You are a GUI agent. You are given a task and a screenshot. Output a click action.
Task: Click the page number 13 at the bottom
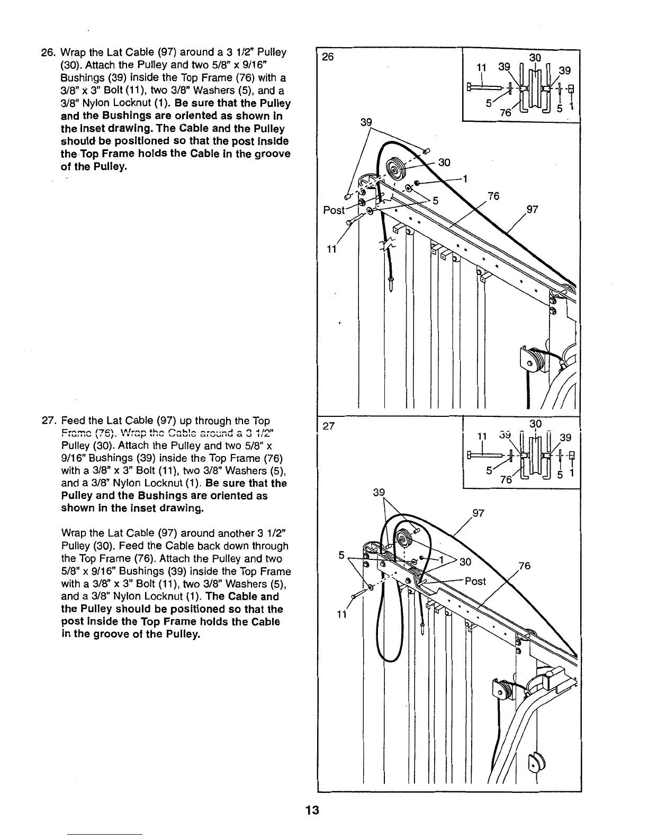pos(317,811)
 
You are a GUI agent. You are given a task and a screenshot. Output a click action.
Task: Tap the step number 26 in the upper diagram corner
pos(328,57)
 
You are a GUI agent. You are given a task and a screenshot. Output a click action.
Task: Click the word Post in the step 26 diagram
pos(334,210)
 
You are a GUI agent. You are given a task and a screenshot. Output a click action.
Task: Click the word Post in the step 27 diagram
pos(475,581)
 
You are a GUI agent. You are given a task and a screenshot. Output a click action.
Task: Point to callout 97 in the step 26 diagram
pos(532,210)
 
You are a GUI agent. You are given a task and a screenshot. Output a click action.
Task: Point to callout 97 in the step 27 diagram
pos(478,513)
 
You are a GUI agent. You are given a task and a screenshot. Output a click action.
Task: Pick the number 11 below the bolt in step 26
pos(331,250)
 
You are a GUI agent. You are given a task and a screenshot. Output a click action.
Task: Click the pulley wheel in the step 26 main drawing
pos(394,168)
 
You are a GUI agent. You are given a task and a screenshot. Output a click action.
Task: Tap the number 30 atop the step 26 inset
pos(536,57)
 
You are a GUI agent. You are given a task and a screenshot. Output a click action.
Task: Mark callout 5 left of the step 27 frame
pos(341,556)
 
